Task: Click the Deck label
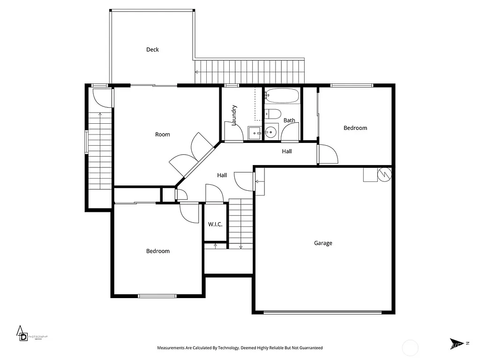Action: [x=152, y=50]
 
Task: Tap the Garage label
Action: [x=323, y=243]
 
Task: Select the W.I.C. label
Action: [x=215, y=225]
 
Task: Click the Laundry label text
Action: [x=234, y=114]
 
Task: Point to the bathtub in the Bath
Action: [x=282, y=96]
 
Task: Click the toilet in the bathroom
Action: [x=272, y=114]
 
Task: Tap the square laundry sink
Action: [x=255, y=133]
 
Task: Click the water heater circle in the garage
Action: [x=384, y=174]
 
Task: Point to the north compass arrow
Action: [x=456, y=344]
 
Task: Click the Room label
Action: [x=163, y=135]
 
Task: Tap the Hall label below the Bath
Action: [x=287, y=151]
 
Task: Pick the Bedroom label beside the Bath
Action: [x=355, y=128]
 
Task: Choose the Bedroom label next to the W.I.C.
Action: [x=158, y=251]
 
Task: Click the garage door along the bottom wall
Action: [x=322, y=312]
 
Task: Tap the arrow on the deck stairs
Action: [x=197, y=72]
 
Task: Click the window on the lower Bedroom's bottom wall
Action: [x=157, y=296]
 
